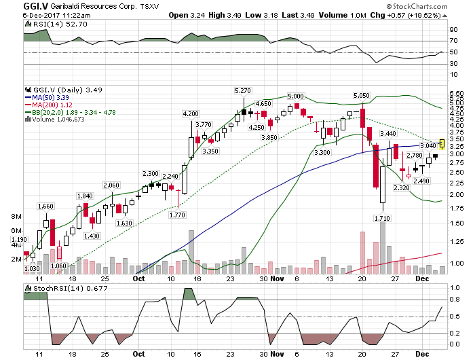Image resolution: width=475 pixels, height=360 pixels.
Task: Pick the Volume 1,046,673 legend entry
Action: (x=59, y=119)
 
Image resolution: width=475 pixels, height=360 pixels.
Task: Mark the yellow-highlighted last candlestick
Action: (x=442, y=143)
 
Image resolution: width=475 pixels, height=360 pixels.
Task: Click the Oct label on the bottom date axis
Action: (x=138, y=354)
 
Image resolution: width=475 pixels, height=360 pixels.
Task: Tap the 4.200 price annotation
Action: (x=191, y=113)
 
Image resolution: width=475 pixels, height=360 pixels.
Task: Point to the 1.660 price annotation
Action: (x=45, y=206)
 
